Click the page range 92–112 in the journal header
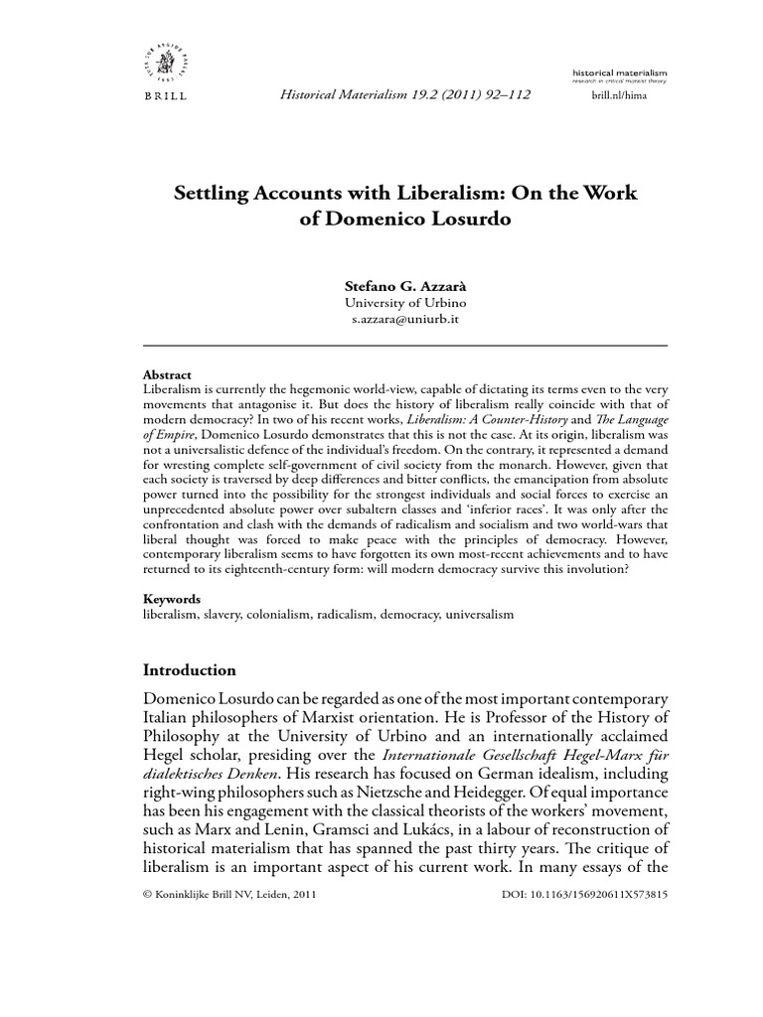[499, 94]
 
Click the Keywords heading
[172, 599]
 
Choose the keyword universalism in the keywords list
[478, 615]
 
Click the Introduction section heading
[190, 669]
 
